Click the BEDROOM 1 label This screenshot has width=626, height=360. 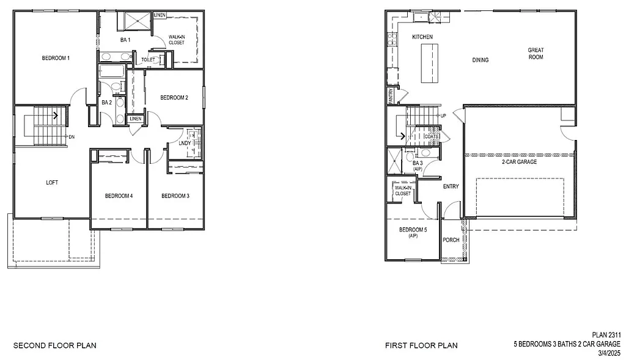point(56,58)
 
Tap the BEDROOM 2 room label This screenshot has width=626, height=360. point(174,97)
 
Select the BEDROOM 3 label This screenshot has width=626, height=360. point(175,196)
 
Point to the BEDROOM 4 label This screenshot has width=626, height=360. point(119,196)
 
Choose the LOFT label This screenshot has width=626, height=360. point(53,182)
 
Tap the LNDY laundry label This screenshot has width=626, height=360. point(184,144)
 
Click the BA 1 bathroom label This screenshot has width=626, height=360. point(125,40)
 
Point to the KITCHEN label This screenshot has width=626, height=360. point(422,37)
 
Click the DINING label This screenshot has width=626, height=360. point(481,60)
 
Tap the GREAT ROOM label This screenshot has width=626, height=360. point(536,54)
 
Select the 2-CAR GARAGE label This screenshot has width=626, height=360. point(518,162)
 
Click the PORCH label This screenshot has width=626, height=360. point(451,240)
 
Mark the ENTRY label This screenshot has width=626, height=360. point(451,186)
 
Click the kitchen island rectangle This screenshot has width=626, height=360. point(430,64)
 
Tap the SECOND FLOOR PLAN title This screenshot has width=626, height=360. point(55,345)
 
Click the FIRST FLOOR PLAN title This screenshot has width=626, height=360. point(421,345)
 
